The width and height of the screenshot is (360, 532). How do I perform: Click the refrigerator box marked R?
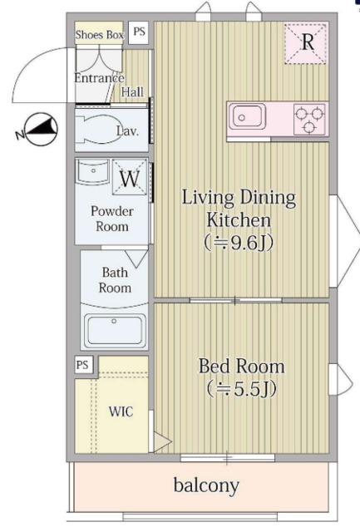pos(307,43)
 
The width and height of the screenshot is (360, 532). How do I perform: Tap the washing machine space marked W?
pos(130,177)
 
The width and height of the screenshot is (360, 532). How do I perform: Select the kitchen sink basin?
pos(247,116)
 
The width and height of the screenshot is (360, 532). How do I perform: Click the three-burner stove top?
pos(308,119)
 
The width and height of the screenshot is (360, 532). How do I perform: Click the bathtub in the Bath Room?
pos(115,331)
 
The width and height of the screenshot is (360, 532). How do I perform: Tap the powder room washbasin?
pos(92,171)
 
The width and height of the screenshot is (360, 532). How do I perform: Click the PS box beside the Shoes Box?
pos(139,32)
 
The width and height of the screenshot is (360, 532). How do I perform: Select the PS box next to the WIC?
pos(83,365)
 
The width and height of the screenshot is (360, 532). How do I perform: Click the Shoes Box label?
pos(100,35)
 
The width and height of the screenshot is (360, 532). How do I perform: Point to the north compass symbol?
pos(38,130)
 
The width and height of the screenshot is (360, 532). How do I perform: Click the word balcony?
pos(206,485)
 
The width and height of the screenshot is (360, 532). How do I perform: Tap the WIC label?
pos(121,411)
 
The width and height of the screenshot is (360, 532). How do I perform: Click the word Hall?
pos(132,91)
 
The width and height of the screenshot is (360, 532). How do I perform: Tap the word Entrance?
pos(99,78)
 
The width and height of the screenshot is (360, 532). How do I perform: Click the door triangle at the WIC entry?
pos(162,441)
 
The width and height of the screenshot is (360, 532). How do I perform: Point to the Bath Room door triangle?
pos(136,259)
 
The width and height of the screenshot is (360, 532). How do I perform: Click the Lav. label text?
pos(127,131)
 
